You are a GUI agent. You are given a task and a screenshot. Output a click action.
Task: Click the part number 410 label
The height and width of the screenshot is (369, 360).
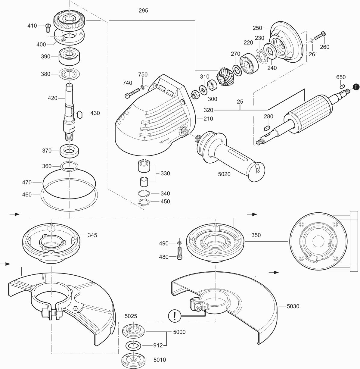click(x=32, y=26)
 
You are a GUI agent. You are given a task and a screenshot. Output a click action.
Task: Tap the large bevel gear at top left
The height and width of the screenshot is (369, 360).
click(x=70, y=20)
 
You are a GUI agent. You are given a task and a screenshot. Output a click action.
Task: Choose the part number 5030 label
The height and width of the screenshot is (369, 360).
click(x=293, y=306)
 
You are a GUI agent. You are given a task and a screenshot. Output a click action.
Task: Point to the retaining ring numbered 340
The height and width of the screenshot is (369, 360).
click(x=144, y=193)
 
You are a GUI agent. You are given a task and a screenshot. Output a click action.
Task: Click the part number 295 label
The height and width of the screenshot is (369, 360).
click(x=143, y=11)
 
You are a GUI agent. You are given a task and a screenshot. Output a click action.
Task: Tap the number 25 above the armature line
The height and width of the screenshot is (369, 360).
click(x=240, y=102)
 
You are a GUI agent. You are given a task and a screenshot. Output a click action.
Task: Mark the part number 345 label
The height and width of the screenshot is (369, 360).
click(x=92, y=235)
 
